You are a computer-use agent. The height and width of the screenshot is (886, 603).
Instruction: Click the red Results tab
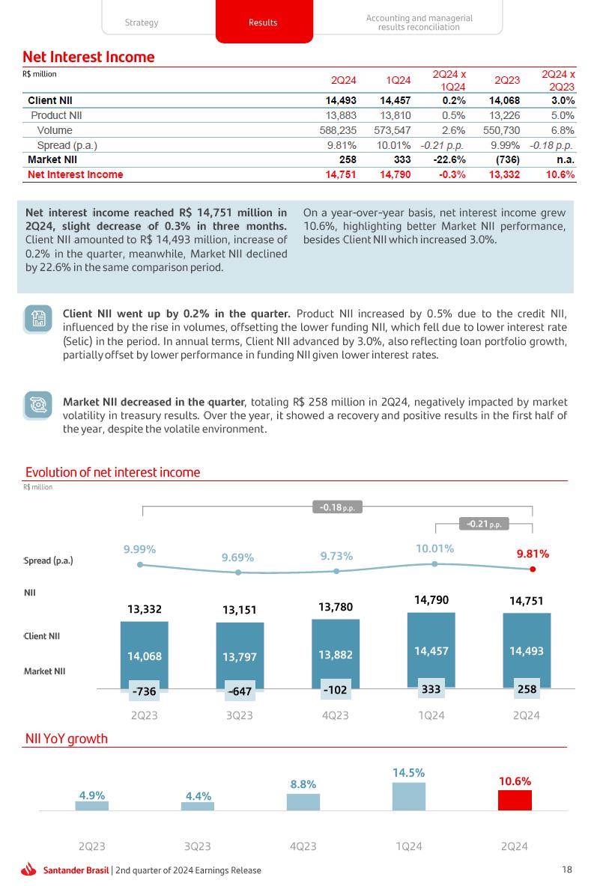click(x=263, y=22)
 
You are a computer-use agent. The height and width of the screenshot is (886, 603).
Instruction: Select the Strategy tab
click(x=142, y=22)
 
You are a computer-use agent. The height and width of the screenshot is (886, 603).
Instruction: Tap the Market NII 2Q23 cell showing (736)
click(x=506, y=159)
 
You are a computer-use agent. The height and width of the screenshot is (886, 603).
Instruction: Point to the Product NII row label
click(x=56, y=115)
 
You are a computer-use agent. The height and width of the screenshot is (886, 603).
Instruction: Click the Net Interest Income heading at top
click(x=88, y=57)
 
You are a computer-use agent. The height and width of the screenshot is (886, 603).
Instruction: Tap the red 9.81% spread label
click(x=533, y=554)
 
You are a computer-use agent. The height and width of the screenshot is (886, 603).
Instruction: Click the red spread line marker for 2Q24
click(x=533, y=569)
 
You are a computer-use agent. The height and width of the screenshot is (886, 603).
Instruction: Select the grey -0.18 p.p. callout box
click(x=337, y=507)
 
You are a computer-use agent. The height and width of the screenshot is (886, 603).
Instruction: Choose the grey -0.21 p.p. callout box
click(x=483, y=524)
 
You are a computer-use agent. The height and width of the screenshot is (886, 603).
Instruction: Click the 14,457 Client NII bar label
click(x=431, y=651)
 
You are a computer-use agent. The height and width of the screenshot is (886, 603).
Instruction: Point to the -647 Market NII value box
click(x=240, y=691)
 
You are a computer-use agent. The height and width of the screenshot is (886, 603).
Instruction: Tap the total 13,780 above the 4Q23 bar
click(x=335, y=607)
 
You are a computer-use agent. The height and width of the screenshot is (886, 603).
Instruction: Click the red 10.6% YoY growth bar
click(x=515, y=800)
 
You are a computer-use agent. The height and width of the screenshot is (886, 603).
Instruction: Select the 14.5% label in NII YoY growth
click(x=409, y=772)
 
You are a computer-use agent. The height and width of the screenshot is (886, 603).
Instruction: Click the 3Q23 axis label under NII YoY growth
click(x=197, y=846)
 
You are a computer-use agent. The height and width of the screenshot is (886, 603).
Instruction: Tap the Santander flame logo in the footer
click(x=29, y=870)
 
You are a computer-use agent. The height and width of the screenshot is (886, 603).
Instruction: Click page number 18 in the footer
click(x=567, y=870)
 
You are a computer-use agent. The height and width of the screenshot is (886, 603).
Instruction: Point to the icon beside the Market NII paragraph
click(x=37, y=405)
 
